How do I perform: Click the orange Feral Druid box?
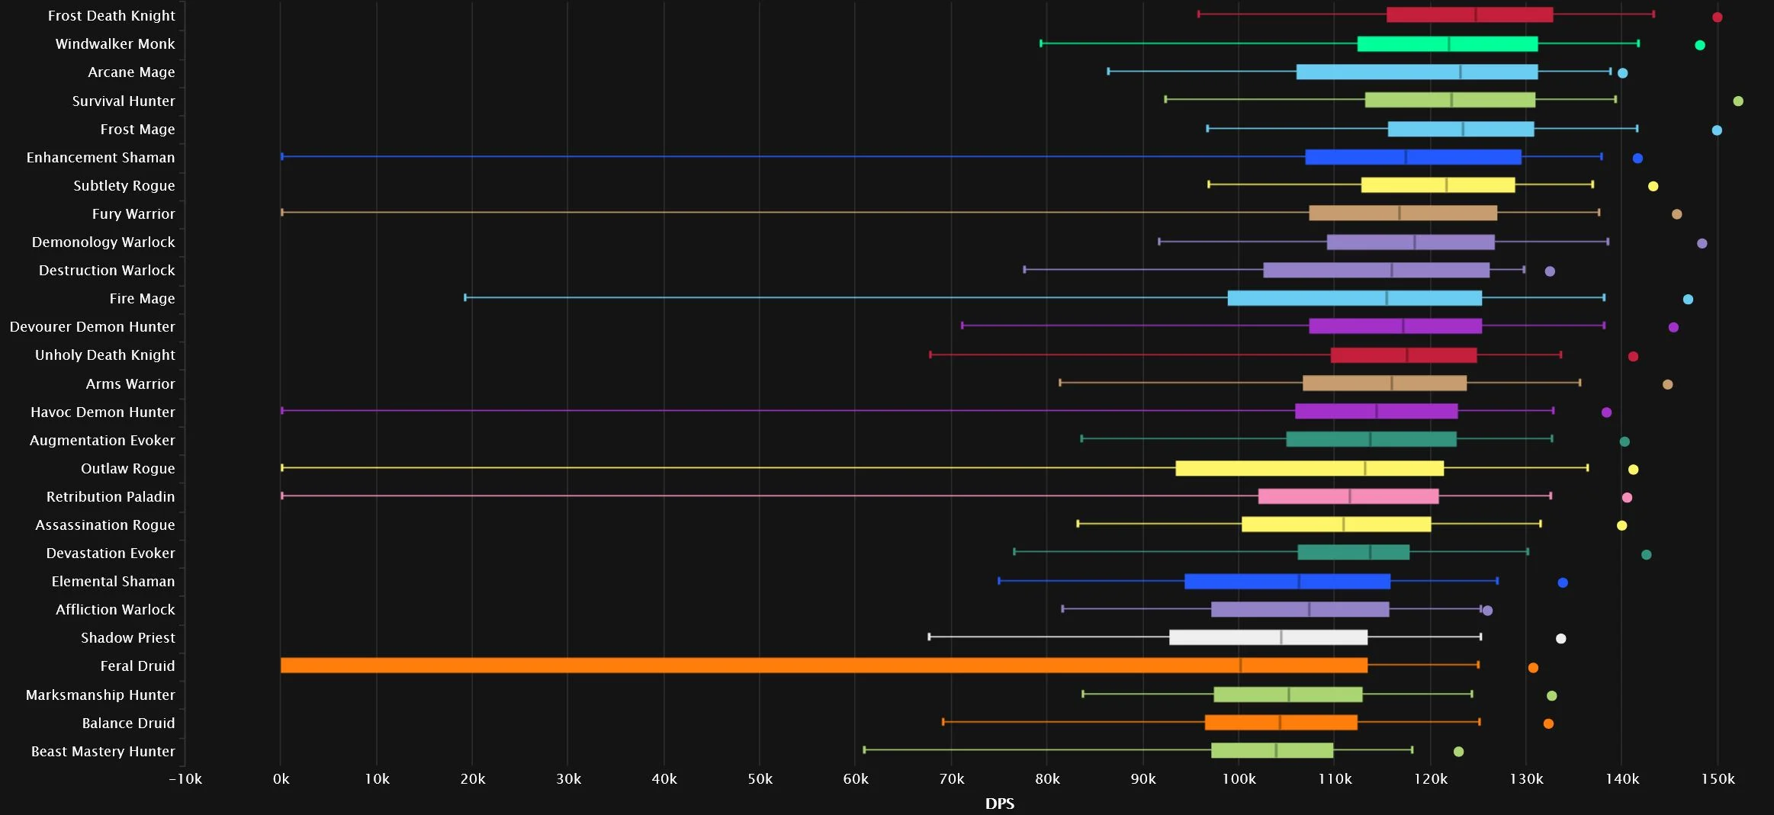[x=824, y=666]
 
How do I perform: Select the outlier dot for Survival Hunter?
[x=1738, y=101]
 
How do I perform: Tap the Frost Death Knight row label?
[x=111, y=16]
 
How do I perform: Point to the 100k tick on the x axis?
[x=1239, y=779]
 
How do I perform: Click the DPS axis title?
[x=1000, y=804]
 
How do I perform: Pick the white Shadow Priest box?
[x=1268, y=637]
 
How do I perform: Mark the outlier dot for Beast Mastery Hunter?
[x=1458, y=752]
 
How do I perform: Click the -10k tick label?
[x=185, y=779]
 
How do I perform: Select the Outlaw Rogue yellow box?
[x=1310, y=468]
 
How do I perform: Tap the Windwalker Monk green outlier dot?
[x=1700, y=46]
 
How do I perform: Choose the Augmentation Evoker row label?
[x=102, y=441]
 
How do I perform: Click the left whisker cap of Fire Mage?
[x=465, y=297]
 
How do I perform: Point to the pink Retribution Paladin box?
[x=1348, y=496]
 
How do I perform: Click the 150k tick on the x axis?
[x=1718, y=779]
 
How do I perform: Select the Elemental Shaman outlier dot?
[x=1563, y=582]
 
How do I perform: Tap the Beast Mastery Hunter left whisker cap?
[x=864, y=750]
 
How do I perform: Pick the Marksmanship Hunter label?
[x=101, y=695]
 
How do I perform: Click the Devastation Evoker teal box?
[x=1354, y=553]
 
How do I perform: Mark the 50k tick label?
[x=760, y=779]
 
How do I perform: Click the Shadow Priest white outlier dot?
[x=1560, y=639]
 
